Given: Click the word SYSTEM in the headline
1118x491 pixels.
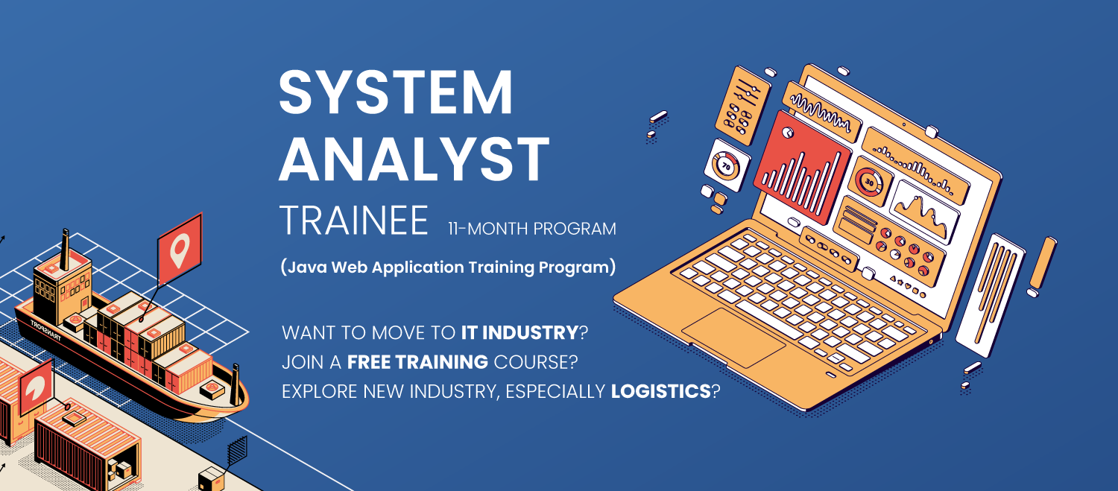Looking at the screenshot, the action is tap(396, 92).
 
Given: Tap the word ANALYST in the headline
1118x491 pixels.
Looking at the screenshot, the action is tap(414, 159).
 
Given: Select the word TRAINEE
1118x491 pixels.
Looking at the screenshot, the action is tap(354, 220).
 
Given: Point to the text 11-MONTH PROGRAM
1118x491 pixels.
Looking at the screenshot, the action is tap(532, 229).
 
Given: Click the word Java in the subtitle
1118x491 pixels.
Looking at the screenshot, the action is tap(307, 267).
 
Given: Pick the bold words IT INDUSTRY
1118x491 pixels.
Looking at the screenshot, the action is tap(519, 332).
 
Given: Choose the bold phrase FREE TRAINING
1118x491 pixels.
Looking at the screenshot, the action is tap(417, 362).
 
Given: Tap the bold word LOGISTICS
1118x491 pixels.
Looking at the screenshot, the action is tap(661, 391).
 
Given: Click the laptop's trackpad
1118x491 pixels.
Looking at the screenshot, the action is tap(733, 338).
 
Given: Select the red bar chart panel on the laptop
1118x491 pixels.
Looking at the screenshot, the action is tap(801, 167).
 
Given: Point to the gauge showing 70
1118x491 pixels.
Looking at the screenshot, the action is tap(727, 165).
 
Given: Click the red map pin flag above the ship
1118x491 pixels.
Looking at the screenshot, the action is tap(180, 249).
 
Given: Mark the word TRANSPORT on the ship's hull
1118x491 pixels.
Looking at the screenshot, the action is tap(46, 330).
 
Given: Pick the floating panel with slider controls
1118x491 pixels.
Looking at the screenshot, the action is tap(742, 106).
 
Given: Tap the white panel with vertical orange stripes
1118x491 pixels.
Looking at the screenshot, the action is tap(990, 295).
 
